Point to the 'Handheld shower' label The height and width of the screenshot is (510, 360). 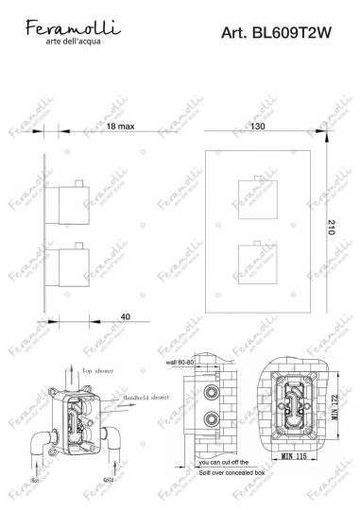146,398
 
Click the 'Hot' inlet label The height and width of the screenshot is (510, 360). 36,480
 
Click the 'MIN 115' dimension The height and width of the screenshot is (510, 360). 302,484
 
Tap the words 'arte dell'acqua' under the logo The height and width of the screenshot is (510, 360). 71,41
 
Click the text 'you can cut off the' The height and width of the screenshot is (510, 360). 221,480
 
